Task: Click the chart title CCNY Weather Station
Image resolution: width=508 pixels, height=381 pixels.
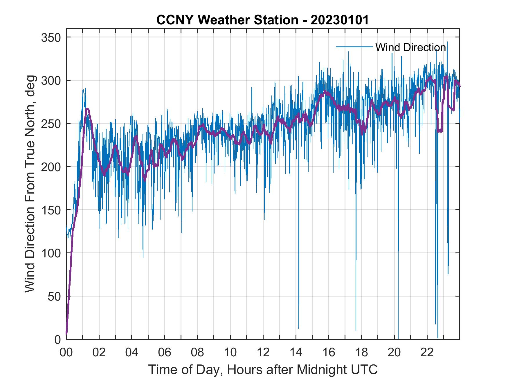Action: pos(227,20)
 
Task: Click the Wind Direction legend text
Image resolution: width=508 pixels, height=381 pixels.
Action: pos(410,47)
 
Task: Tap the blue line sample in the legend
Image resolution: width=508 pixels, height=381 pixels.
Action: pos(354,47)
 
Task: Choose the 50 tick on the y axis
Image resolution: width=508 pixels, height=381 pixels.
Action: pos(55,296)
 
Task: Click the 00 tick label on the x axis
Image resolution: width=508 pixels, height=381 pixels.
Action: pos(66,353)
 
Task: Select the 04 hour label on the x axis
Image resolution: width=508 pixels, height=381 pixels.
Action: pos(132,353)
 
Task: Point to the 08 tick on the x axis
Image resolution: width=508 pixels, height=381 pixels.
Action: pos(197,353)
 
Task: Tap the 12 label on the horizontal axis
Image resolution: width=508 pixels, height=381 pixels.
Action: pos(263,353)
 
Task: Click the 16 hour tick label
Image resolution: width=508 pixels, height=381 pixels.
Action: pos(329,353)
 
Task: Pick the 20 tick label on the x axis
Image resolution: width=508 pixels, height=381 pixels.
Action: pos(394,353)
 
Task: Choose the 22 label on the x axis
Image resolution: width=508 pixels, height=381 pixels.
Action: pos(427,353)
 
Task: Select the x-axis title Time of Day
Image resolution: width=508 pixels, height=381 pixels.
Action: pos(263,370)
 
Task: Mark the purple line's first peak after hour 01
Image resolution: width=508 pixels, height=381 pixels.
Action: pos(87,109)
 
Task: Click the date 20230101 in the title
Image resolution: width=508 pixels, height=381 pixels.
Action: pos(340,20)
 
